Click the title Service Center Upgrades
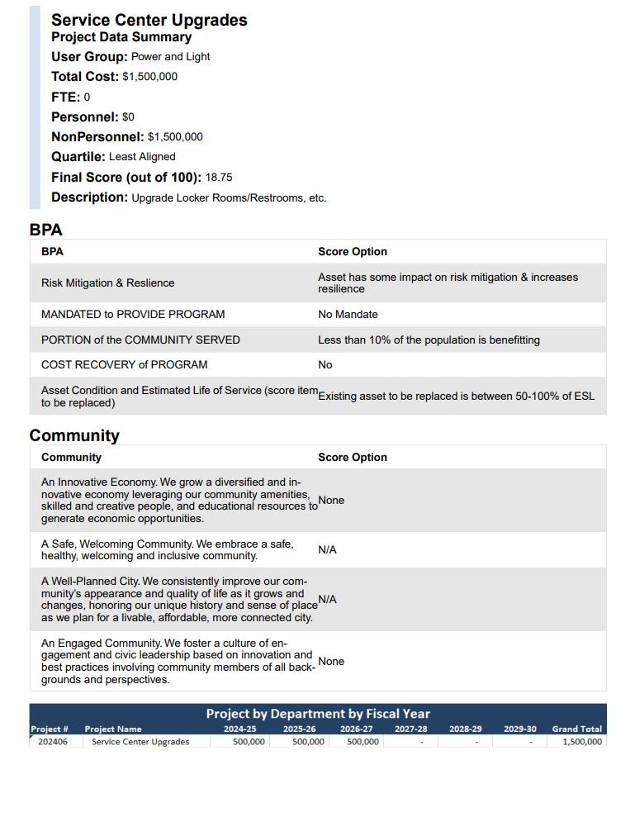(x=149, y=20)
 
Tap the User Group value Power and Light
(x=170, y=57)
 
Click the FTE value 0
(x=87, y=97)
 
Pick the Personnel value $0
(x=128, y=117)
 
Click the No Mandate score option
(x=348, y=315)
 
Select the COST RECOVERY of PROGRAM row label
(x=124, y=365)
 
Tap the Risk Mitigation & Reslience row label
(x=107, y=283)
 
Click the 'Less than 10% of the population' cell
(x=429, y=340)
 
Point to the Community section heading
(x=74, y=435)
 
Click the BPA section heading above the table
(x=45, y=230)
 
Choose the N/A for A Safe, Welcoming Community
(x=327, y=550)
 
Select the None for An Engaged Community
(x=331, y=662)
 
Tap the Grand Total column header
(x=576, y=729)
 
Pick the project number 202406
(x=53, y=742)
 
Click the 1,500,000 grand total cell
(x=582, y=742)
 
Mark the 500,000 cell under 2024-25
(x=249, y=742)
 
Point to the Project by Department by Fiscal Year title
(x=318, y=714)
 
